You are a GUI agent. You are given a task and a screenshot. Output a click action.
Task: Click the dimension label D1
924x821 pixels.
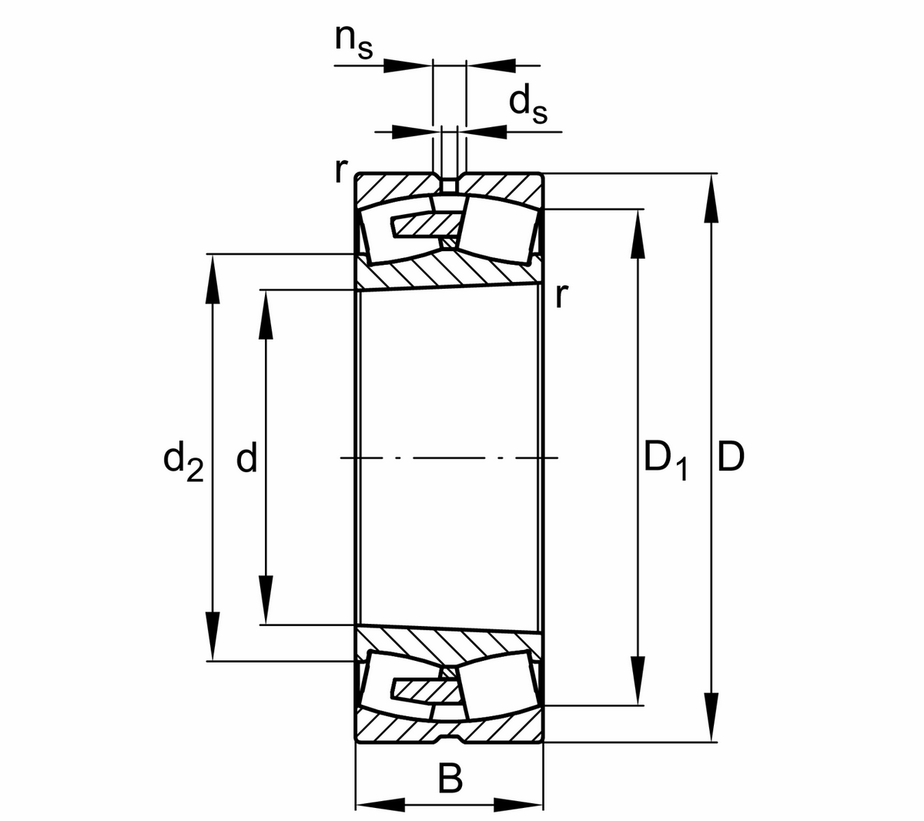click(x=665, y=460)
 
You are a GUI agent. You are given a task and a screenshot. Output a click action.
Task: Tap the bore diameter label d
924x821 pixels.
click(x=246, y=459)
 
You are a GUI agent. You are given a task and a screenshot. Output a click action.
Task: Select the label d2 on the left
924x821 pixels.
click(x=183, y=460)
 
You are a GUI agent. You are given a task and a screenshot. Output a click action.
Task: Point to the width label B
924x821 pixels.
click(x=450, y=779)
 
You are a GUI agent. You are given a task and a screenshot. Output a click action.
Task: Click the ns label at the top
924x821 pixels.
click(x=353, y=42)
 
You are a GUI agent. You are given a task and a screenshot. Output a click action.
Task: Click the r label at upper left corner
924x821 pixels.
click(x=339, y=170)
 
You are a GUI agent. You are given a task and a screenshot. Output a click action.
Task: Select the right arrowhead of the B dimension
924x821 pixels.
click(x=518, y=806)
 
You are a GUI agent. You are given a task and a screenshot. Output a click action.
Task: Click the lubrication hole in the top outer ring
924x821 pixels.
click(x=449, y=185)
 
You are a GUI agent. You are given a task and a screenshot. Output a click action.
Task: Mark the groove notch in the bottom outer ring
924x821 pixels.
click(x=449, y=739)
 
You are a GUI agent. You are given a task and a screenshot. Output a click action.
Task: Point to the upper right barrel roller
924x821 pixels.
click(x=497, y=228)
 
